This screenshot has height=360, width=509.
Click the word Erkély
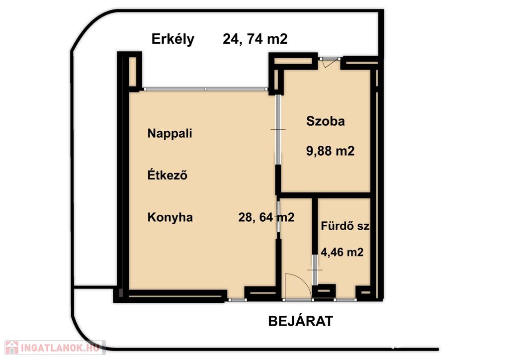(172, 40)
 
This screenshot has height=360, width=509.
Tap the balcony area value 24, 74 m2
(255, 39)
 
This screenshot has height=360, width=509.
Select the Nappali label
(170, 133)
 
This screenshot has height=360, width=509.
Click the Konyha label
(170, 217)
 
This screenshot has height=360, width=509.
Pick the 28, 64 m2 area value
(266, 217)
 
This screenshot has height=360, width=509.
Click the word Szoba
(325, 121)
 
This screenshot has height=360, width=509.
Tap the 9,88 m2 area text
(330, 151)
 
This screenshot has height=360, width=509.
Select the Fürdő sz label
(345, 226)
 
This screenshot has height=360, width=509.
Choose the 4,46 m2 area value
(342, 252)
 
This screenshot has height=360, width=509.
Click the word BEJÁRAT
(301, 321)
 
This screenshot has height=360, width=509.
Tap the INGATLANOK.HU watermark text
(60, 348)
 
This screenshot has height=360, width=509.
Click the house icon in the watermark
(12, 348)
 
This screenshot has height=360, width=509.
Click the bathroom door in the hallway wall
(314, 270)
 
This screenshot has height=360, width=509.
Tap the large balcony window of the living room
(206, 89)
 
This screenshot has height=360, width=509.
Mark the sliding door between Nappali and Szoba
(278, 129)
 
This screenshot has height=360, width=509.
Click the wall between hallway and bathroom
(315, 226)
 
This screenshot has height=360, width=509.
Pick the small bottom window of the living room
(237, 300)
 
